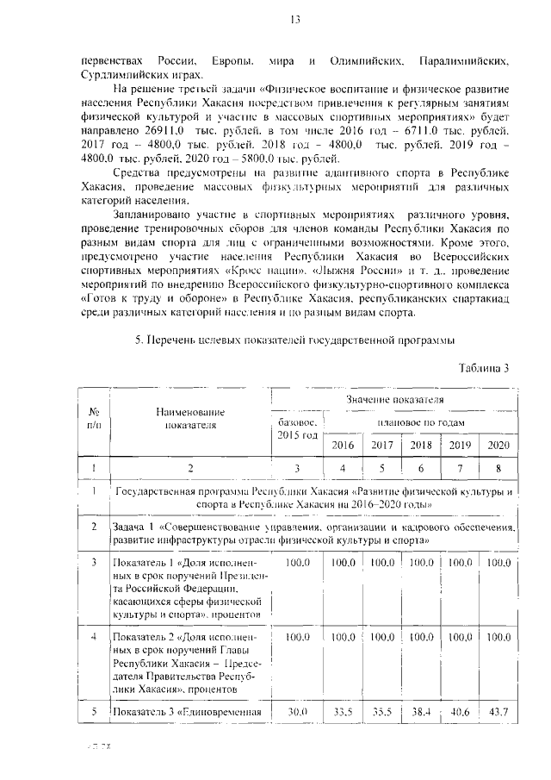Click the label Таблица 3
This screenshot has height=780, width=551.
click(482, 368)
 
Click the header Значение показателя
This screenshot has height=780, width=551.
click(395, 401)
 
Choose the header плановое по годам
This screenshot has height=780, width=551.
click(421, 423)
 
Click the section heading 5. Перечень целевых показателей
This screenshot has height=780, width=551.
click(294, 341)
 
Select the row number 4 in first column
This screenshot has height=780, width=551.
click(93, 636)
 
